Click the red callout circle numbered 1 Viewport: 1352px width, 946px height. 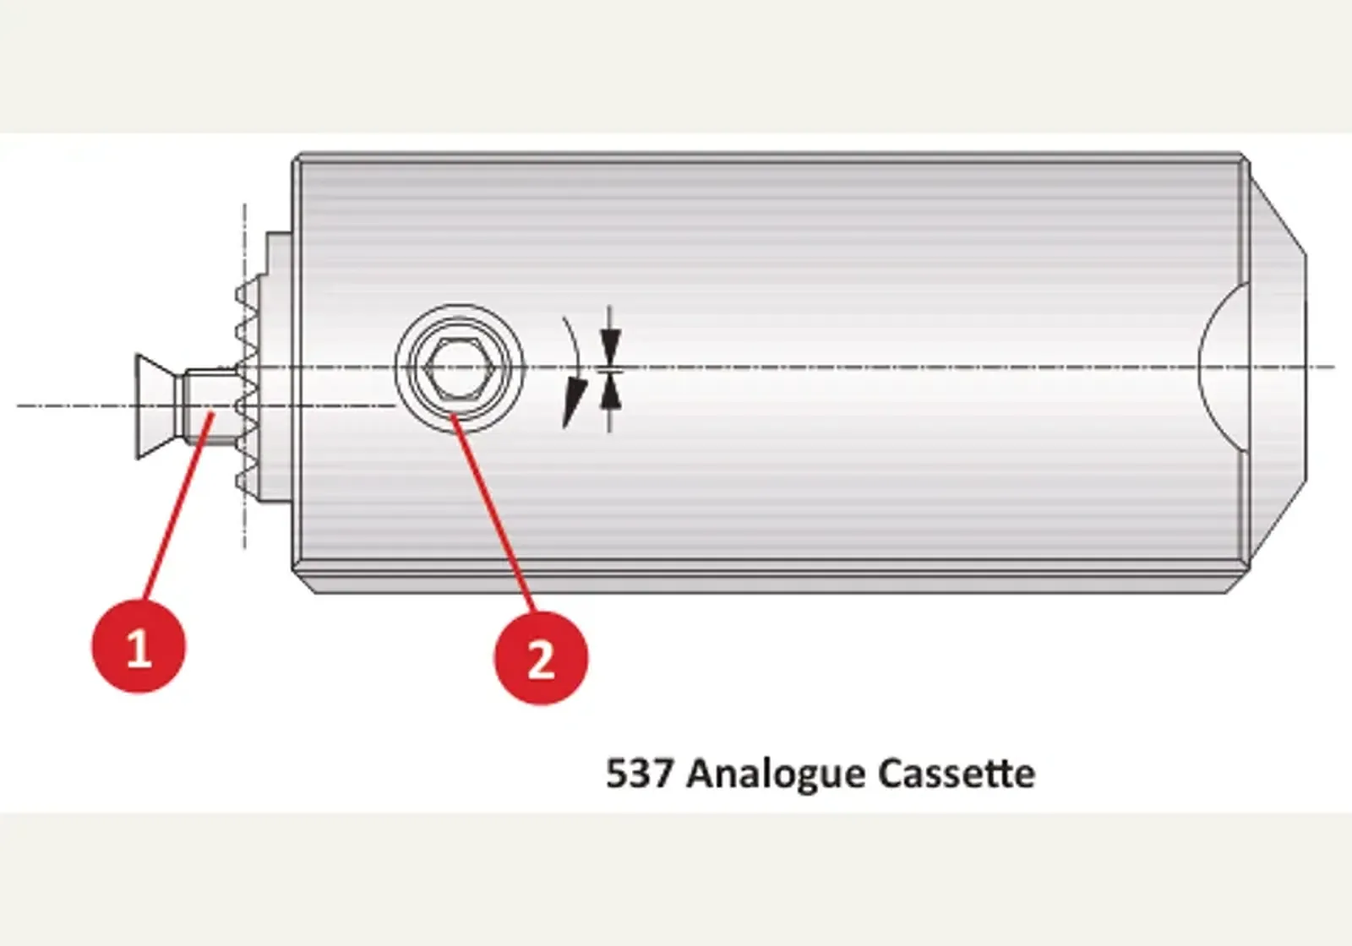pos(139,646)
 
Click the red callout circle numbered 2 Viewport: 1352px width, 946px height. pos(541,657)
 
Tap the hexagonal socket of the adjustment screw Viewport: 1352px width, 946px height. pos(460,367)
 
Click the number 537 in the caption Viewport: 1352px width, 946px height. pos(639,773)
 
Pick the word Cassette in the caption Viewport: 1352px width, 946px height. pos(957,773)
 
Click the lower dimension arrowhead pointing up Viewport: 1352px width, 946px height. pos(611,391)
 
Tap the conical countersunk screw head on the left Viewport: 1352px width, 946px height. pos(158,406)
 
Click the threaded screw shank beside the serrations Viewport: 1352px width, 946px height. pos(211,406)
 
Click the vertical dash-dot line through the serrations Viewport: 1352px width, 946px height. pos(244,377)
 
